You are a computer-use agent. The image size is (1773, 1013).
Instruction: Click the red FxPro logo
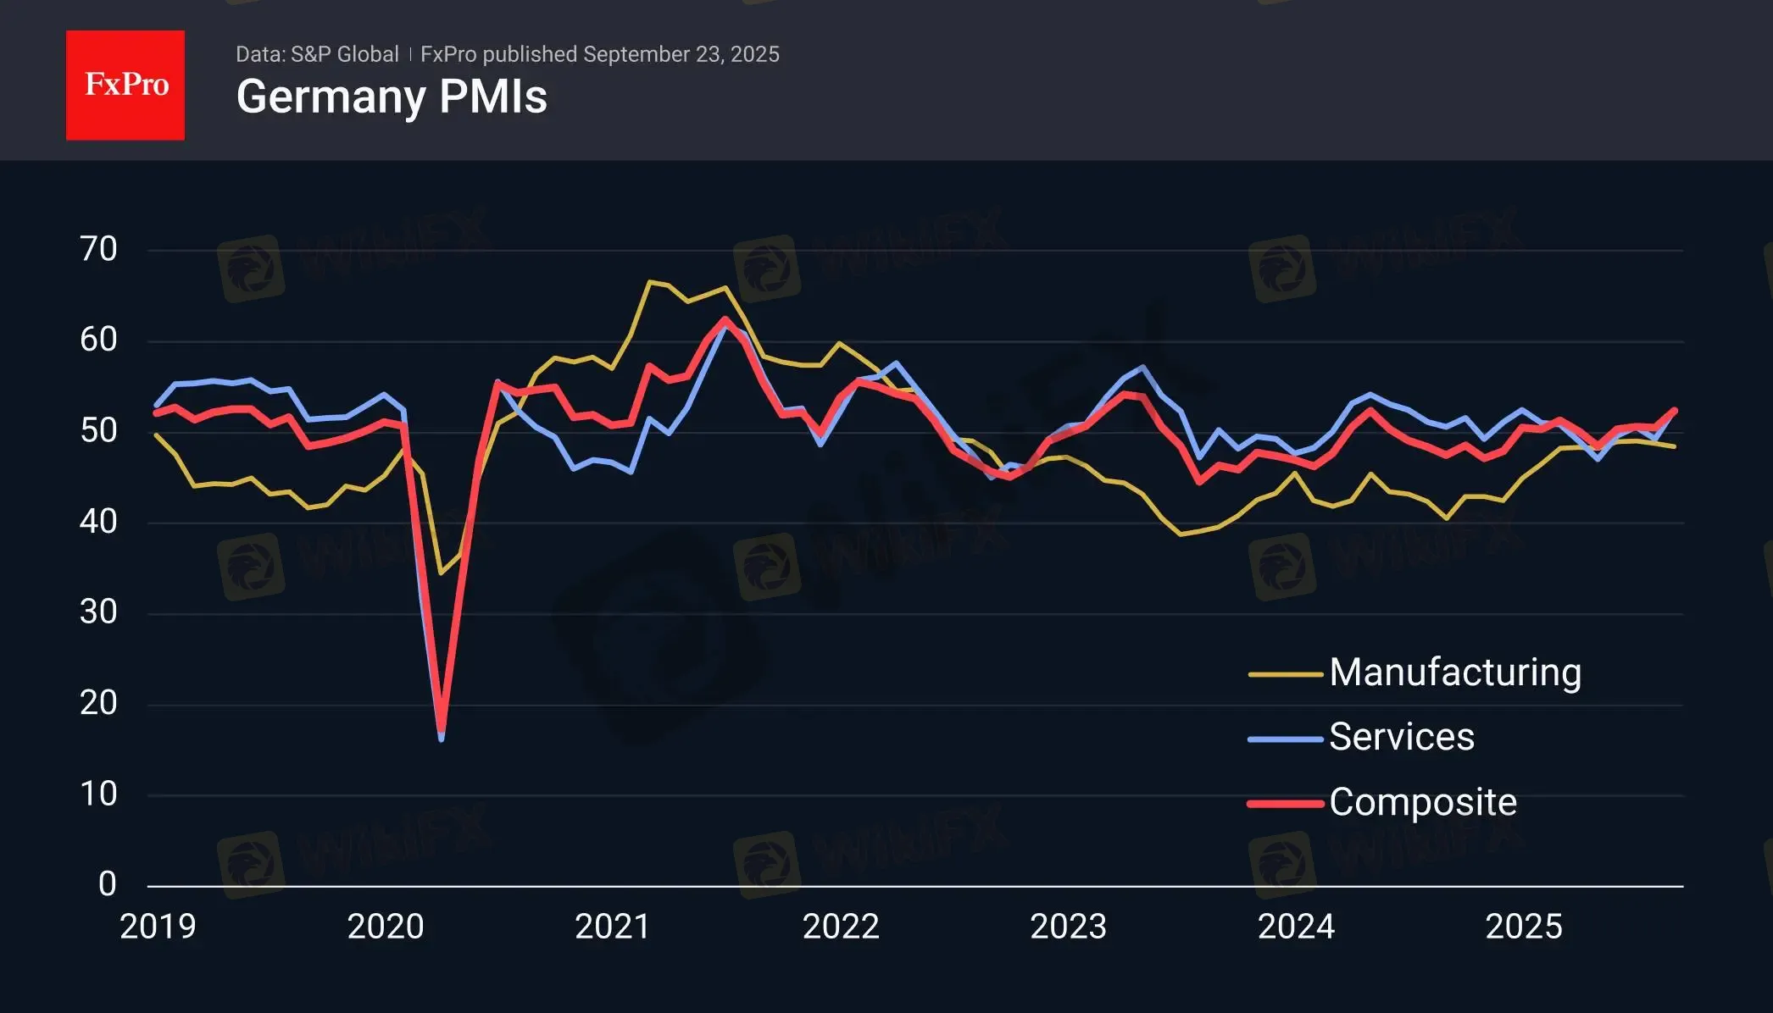[x=125, y=85]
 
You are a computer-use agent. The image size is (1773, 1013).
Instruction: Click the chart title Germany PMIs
[x=392, y=97]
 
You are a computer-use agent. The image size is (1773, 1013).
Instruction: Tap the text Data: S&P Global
[x=317, y=54]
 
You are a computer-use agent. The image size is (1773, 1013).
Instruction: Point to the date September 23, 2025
[x=681, y=54]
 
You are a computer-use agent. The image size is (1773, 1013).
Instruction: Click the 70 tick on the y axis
[x=98, y=249]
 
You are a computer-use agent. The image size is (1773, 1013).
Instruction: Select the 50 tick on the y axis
[x=98, y=430]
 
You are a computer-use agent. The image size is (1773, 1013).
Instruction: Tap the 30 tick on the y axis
[x=98, y=612]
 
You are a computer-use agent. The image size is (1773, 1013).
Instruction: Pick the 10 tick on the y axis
[x=98, y=794]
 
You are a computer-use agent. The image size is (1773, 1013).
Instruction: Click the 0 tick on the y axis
[x=107, y=884]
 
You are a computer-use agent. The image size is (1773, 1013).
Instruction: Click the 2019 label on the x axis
[x=158, y=927]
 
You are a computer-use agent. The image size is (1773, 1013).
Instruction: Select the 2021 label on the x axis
[x=613, y=927]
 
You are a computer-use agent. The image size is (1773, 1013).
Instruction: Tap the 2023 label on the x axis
[x=1068, y=927]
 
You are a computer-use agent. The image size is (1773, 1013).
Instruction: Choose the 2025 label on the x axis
[x=1523, y=927]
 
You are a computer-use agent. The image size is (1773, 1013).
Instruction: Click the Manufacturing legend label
[x=1454, y=673]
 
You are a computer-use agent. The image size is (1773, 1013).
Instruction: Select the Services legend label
[x=1401, y=737]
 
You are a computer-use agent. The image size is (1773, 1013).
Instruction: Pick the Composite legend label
[x=1422, y=802]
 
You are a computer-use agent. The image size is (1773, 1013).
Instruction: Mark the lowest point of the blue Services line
[x=442, y=739]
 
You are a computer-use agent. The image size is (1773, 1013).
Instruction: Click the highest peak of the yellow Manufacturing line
[x=649, y=281]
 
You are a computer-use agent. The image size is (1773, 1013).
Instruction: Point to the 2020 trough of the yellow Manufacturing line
[x=440, y=573]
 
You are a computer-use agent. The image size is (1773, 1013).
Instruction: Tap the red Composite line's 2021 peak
[x=725, y=319]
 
